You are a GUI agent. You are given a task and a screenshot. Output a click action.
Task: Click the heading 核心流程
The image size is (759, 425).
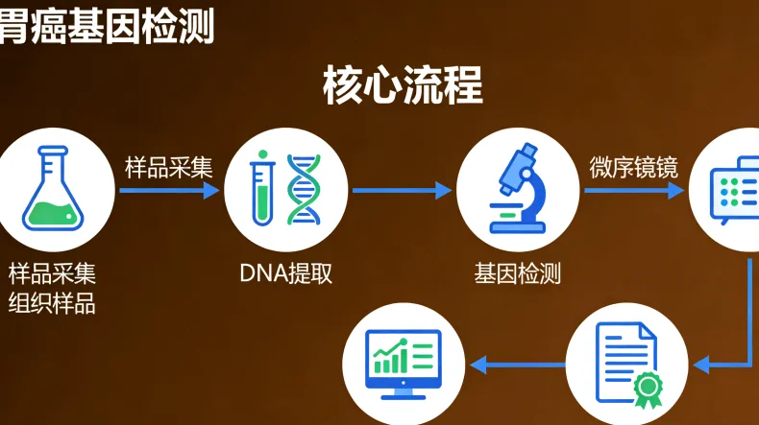[403, 85]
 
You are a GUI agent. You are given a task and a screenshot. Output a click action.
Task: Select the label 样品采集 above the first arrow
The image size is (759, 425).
[168, 166]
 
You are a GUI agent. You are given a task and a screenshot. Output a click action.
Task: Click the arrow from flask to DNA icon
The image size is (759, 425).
[169, 190]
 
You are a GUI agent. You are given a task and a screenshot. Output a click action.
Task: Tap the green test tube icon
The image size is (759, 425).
[261, 191]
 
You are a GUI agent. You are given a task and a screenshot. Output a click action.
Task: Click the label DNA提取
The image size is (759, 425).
[285, 272]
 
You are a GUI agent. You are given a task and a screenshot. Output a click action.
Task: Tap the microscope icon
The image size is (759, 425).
[519, 189]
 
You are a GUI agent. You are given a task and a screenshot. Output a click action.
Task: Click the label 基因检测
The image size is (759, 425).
[518, 272]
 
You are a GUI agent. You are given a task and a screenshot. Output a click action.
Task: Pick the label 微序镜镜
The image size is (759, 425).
[633, 167]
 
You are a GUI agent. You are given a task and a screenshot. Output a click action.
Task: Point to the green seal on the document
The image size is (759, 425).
[648, 386]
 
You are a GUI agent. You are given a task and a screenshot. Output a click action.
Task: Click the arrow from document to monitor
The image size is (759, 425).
[518, 364]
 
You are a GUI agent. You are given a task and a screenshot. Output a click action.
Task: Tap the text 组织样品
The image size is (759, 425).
[53, 304]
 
